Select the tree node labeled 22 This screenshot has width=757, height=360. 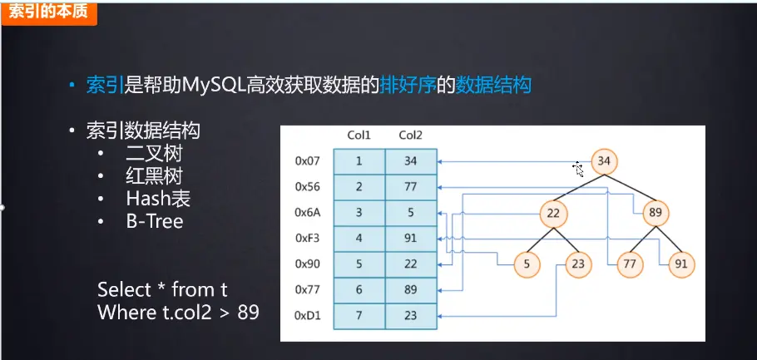(x=552, y=213)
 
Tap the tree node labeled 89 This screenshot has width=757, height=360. (x=656, y=213)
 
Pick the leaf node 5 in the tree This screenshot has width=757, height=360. (x=526, y=264)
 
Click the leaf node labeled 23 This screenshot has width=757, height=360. (x=577, y=264)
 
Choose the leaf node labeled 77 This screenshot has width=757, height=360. (x=630, y=264)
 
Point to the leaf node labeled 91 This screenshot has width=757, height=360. (x=681, y=264)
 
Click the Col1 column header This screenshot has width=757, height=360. (x=359, y=136)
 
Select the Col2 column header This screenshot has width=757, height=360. (x=410, y=136)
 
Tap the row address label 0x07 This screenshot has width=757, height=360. (x=308, y=161)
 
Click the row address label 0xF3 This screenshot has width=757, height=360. (x=308, y=239)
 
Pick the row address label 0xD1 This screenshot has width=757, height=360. (x=308, y=316)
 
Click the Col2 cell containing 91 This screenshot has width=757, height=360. (x=410, y=239)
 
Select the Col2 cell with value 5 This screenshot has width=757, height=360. (x=410, y=213)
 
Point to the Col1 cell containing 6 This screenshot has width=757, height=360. (x=359, y=290)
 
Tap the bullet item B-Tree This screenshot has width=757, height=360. (x=155, y=221)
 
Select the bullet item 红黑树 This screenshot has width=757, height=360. (x=154, y=176)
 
